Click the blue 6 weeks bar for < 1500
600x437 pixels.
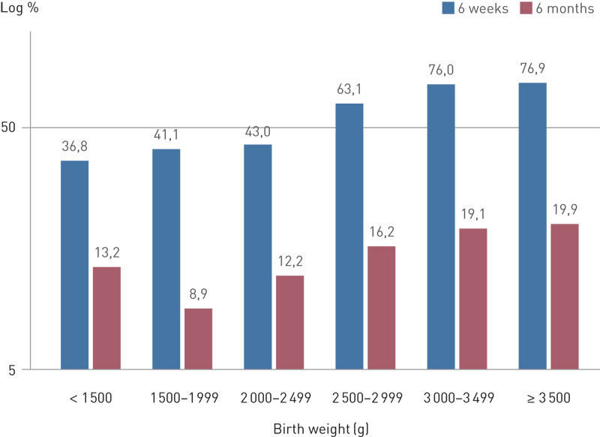tap(74, 264)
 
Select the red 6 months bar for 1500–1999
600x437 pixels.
tap(198, 339)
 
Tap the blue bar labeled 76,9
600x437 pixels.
tap(532, 225)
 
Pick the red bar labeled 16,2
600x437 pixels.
tap(381, 307)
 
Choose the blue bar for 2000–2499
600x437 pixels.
tap(257, 256)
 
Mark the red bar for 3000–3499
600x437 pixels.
tap(472, 298)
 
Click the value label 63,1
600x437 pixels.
tap(349, 89)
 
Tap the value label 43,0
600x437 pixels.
tap(257, 131)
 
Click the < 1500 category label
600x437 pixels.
tap(89, 397)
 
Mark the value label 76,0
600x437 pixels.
tap(441, 71)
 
